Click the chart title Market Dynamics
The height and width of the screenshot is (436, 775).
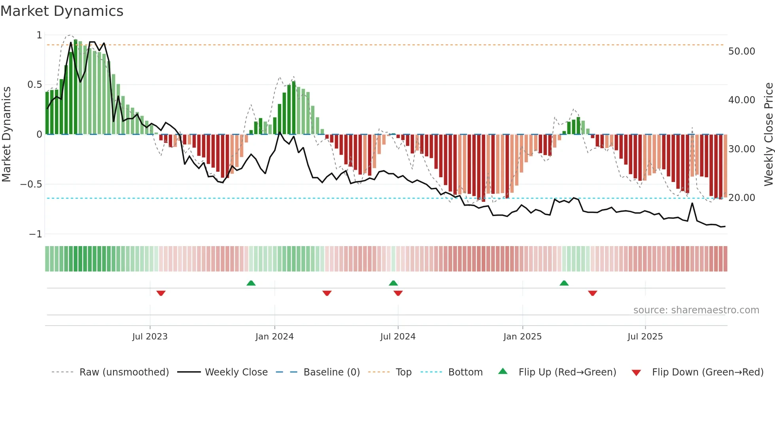[62, 11]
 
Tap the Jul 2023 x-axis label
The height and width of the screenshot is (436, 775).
[150, 337]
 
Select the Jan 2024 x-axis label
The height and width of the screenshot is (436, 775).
[274, 337]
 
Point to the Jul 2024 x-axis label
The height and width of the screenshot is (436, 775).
[398, 337]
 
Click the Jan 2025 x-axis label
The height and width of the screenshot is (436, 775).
[522, 337]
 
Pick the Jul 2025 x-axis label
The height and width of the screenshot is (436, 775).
[645, 337]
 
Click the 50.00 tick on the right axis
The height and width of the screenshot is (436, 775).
[741, 51]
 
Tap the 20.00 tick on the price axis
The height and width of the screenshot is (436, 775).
[741, 198]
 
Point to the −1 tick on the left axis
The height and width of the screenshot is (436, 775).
[35, 234]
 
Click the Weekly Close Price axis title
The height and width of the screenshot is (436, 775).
[768, 135]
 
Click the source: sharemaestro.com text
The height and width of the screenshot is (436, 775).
[696, 310]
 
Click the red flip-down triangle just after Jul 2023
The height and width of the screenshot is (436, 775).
[161, 293]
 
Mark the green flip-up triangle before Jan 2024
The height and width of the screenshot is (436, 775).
[251, 283]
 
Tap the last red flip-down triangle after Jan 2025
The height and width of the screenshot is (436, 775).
[592, 293]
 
